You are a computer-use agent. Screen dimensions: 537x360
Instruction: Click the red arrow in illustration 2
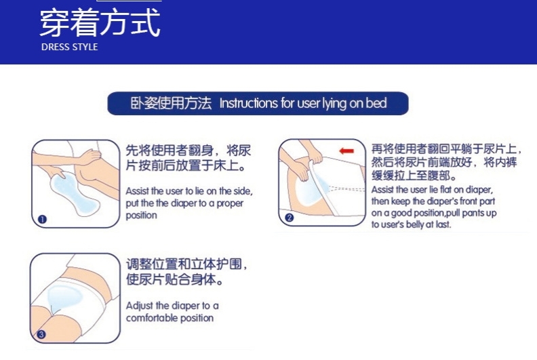pyautogui.click(x=346, y=151)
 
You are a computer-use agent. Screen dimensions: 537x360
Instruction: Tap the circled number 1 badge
pyautogui.click(x=42, y=219)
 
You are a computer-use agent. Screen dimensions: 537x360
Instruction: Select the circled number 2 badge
pyautogui.click(x=289, y=218)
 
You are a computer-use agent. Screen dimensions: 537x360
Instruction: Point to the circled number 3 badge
pyautogui.click(x=41, y=334)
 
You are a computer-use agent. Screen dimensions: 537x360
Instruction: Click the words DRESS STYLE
pyautogui.click(x=70, y=47)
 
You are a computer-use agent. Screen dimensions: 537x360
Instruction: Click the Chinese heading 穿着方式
pyautogui.click(x=100, y=22)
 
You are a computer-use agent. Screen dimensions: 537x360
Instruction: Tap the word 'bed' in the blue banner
pyautogui.click(x=376, y=103)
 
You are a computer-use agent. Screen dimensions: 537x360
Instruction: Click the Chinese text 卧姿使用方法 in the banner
pyautogui.click(x=171, y=103)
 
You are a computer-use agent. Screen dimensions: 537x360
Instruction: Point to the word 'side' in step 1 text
pyautogui.click(x=243, y=191)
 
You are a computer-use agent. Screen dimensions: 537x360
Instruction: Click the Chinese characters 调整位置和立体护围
pyautogui.click(x=184, y=264)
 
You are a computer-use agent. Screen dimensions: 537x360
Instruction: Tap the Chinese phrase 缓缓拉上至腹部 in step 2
pyautogui.click(x=411, y=176)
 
